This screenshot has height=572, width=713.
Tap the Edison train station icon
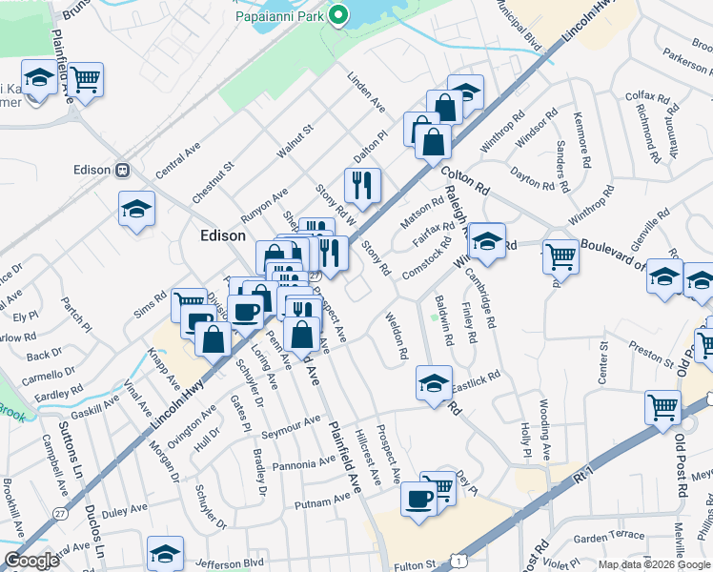click(x=122, y=170)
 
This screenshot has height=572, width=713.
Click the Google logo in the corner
click(x=31, y=561)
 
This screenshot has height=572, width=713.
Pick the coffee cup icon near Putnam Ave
click(x=418, y=499)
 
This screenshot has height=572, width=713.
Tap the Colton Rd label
click(x=465, y=180)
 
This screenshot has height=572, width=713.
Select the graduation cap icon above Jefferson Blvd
click(x=165, y=552)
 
